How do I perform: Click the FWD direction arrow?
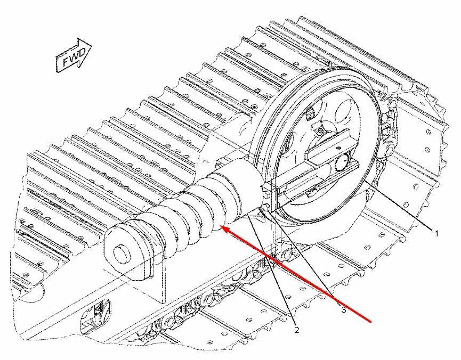pyautogui.click(x=73, y=55)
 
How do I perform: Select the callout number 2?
pyautogui.click(x=296, y=330)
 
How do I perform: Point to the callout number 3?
pyautogui.click(x=343, y=309)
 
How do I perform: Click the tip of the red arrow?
pyautogui.click(x=221, y=226)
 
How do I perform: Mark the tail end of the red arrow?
pyautogui.click(x=371, y=322)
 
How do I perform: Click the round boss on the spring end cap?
pyautogui.click(x=122, y=253)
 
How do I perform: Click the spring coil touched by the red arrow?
pyautogui.click(x=212, y=212)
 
